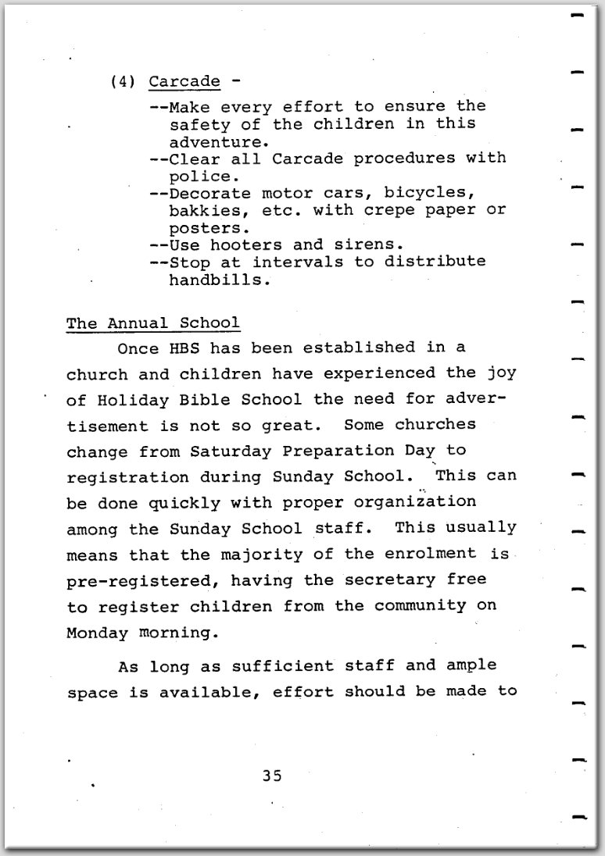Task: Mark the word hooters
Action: tap(249, 244)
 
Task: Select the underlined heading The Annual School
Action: tap(153, 323)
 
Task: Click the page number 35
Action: tap(271, 776)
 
